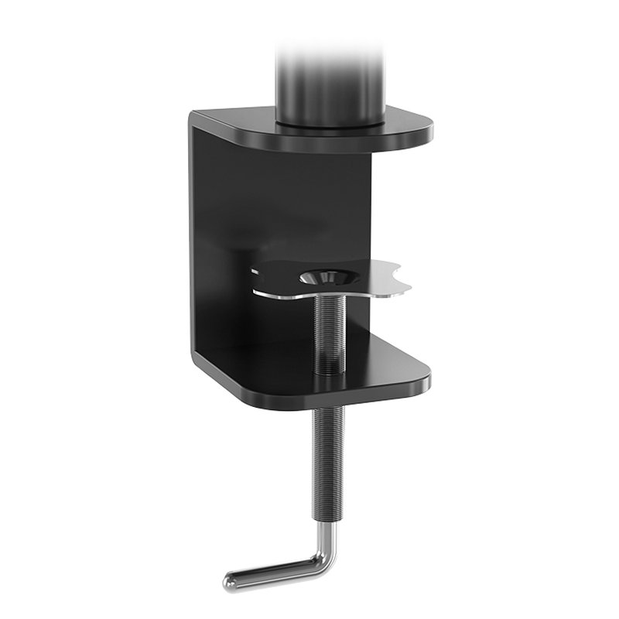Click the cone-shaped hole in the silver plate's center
point(325,277)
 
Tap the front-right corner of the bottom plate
point(425,379)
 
